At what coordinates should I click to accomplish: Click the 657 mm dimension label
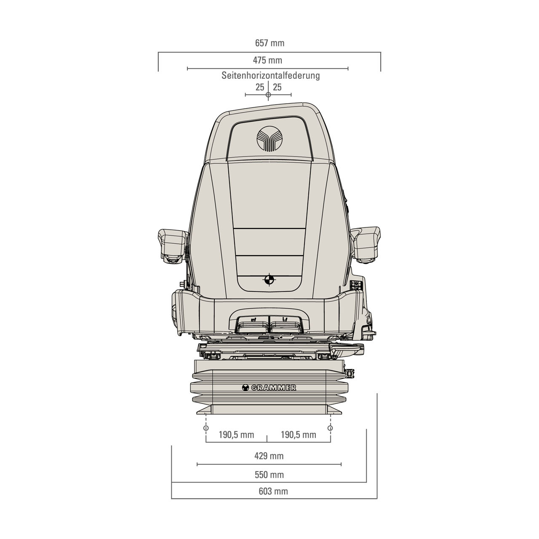coord(269,43)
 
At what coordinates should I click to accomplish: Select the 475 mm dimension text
coord(268,60)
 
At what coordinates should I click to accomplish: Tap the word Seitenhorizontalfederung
coord(270,75)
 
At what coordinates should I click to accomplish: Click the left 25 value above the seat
coord(260,87)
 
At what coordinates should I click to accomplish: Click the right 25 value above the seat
coord(277,87)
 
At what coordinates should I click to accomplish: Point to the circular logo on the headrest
coord(269,139)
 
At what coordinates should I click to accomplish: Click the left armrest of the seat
coord(173,246)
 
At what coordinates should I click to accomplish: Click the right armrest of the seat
coord(366,244)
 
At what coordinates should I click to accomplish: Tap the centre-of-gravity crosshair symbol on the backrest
coord(269,279)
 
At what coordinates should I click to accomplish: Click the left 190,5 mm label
coord(236,435)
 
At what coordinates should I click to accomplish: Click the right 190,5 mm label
coord(299,435)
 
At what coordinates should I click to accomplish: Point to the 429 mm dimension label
coord(269,456)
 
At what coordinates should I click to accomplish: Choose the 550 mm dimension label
coord(269,475)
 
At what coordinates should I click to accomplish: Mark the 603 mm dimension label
coord(273,491)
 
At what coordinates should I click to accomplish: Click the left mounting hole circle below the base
coord(206,428)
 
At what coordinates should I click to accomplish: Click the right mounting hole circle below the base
coord(330,428)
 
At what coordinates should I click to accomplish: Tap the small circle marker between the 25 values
coord(268,95)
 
